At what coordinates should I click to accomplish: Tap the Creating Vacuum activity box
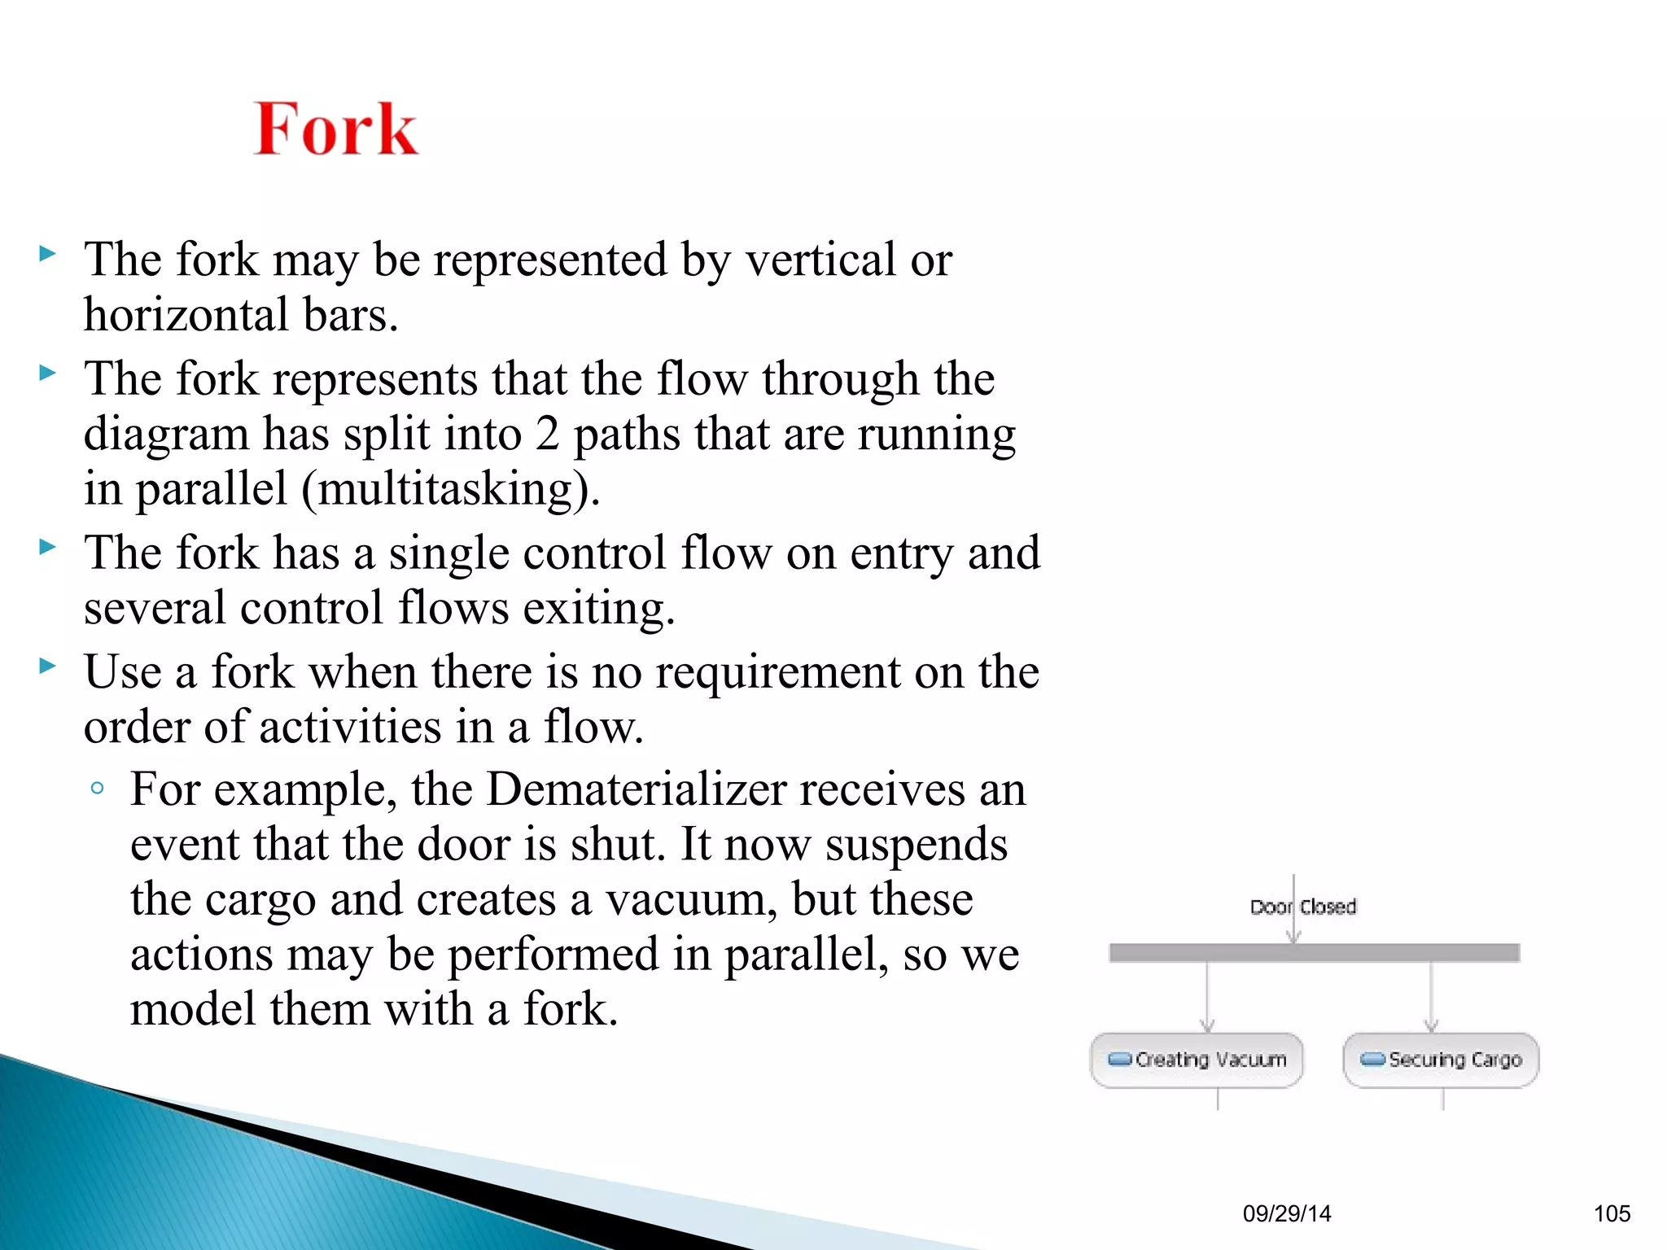coord(1197,1060)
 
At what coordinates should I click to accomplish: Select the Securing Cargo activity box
coord(1441,1060)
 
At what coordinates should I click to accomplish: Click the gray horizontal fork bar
coord(1314,953)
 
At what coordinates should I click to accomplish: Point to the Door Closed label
coord(1303,907)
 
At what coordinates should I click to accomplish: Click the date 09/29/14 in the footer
coord(1287,1213)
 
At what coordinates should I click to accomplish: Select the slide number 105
coord(1612,1213)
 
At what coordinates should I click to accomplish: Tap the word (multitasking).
coord(451,489)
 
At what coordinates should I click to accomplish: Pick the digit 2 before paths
coord(548,434)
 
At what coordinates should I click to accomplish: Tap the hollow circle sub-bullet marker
coord(98,788)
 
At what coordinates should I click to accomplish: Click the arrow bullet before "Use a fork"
coord(48,667)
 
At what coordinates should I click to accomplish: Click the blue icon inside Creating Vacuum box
coord(1120,1059)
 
